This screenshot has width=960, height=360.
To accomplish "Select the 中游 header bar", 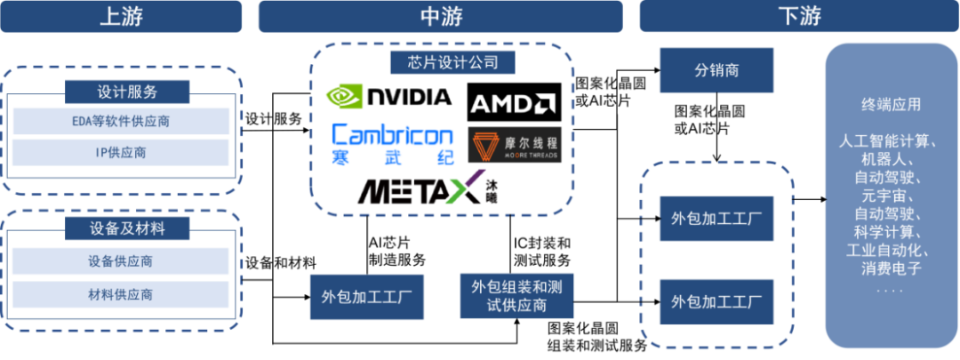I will pos(440,16).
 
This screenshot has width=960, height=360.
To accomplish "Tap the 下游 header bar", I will pos(797,16).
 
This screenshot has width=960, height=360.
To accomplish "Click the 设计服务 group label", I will pos(127,92).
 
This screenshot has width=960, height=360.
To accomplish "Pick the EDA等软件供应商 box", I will pos(121,121).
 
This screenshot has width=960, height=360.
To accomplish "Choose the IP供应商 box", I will pos(121,152).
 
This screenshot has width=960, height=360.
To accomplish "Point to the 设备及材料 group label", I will pos(127,228).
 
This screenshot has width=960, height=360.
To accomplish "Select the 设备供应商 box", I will pos(121,261).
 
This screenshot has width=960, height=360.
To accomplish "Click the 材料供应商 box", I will pos(121,293).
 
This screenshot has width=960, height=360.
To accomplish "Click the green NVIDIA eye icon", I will pos(344,95).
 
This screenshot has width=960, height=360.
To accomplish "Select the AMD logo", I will pos(513,104).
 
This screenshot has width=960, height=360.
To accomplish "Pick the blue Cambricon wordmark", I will pos(392,135).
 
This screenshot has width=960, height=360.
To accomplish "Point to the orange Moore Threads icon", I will pos(484,147).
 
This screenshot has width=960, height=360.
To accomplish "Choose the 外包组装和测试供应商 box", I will pos(516,295).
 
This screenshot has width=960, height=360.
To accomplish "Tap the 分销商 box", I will pos(716,70).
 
